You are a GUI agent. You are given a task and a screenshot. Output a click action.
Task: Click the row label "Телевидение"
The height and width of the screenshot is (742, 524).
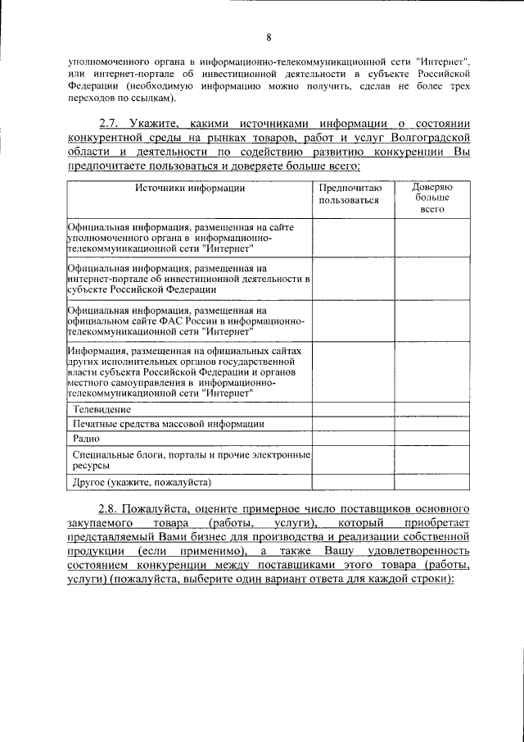tap(102, 408)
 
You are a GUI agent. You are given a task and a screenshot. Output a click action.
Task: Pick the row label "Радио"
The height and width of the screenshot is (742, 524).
tap(86, 439)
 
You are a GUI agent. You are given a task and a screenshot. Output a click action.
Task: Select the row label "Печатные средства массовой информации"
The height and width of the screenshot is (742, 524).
tap(168, 423)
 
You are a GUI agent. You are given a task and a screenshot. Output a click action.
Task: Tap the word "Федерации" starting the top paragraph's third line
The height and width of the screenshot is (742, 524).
tap(90, 85)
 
